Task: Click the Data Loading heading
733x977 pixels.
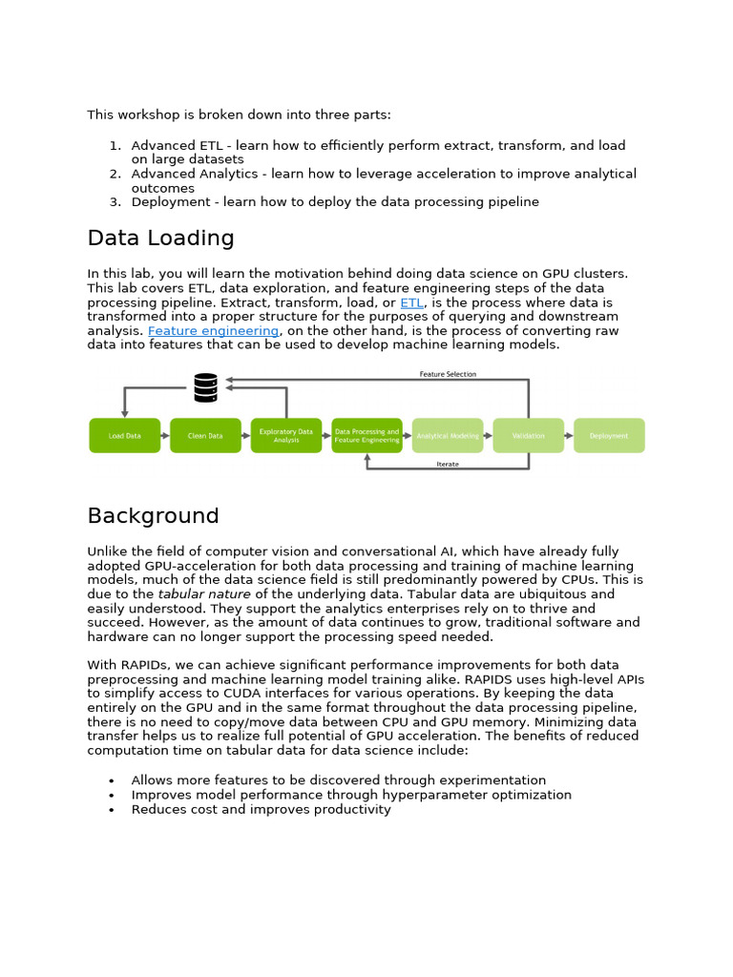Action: [x=160, y=239]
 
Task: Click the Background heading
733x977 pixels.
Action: [x=153, y=516]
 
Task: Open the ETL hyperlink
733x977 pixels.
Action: [x=411, y=302]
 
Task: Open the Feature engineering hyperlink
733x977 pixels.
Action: [x=213, y=331]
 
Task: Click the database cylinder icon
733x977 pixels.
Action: [x=205, y=387]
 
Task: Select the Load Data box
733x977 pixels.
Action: [x=124, y=436]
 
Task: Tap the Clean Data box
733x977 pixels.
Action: [x=205, y=436]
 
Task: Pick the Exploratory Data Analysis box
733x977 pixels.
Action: [x=286, y=436]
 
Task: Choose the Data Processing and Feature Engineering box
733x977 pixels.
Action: [x=366, y=436]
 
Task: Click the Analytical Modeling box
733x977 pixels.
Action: [x=448, y=436]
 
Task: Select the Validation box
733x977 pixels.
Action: [x=528, y=436]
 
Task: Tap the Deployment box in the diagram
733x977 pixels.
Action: [x=609, y=436]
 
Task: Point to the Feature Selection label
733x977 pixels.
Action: [x=448, y=374]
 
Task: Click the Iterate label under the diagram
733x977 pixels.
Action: [x=448, y=465]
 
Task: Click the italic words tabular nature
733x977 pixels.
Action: [x=204, y=594]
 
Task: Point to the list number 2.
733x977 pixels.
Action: [x=114, y=175]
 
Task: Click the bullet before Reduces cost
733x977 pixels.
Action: [x=113, y=810]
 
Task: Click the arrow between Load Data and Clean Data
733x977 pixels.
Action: [x=164, y=436]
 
